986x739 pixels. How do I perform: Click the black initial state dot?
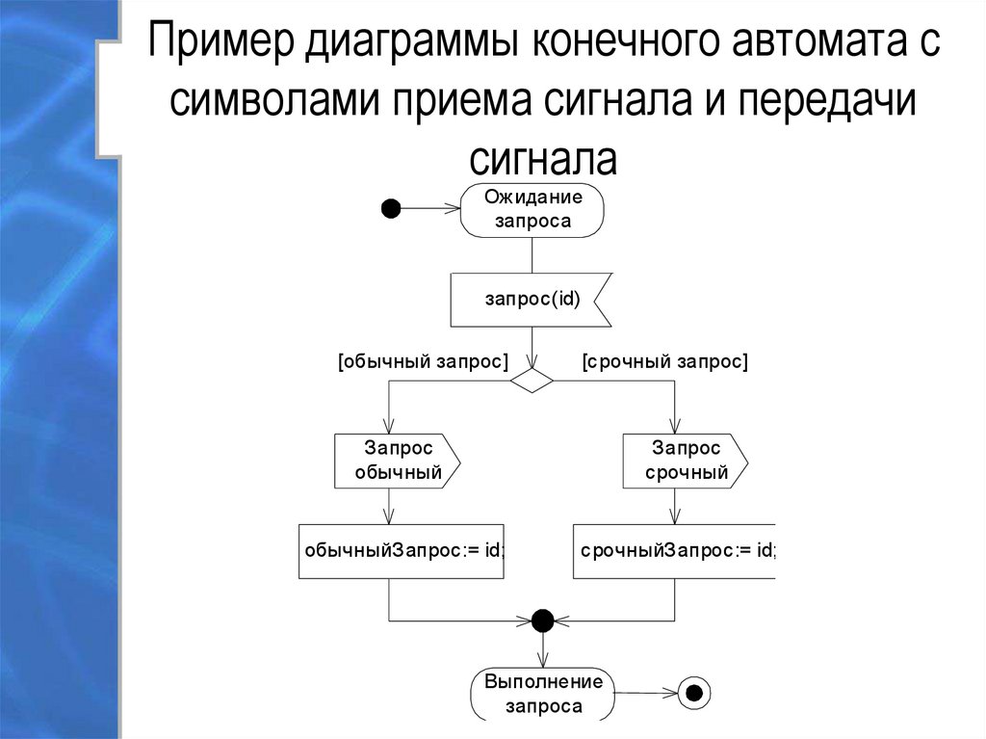391,208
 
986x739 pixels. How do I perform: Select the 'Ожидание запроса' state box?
532,210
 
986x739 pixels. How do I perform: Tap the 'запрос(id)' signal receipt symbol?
531,300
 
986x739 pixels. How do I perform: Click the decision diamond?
532,381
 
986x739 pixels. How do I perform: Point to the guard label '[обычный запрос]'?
423,362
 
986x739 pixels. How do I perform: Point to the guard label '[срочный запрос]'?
664,362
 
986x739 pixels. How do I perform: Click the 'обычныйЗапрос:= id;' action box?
402,551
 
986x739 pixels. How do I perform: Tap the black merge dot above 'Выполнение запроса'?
542,619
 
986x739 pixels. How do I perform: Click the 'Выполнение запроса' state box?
543,694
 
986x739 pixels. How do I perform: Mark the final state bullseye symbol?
693,691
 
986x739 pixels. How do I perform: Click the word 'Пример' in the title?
221,45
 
